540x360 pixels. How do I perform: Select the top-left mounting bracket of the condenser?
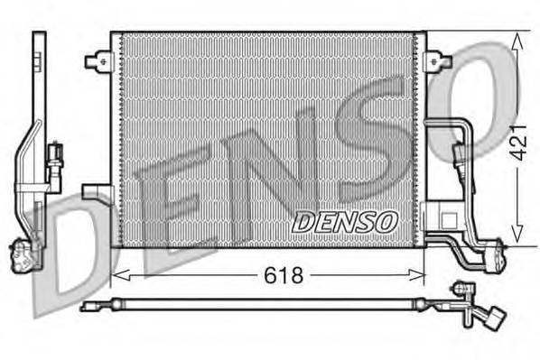point(98,61)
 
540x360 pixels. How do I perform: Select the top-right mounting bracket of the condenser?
point(439,61)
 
